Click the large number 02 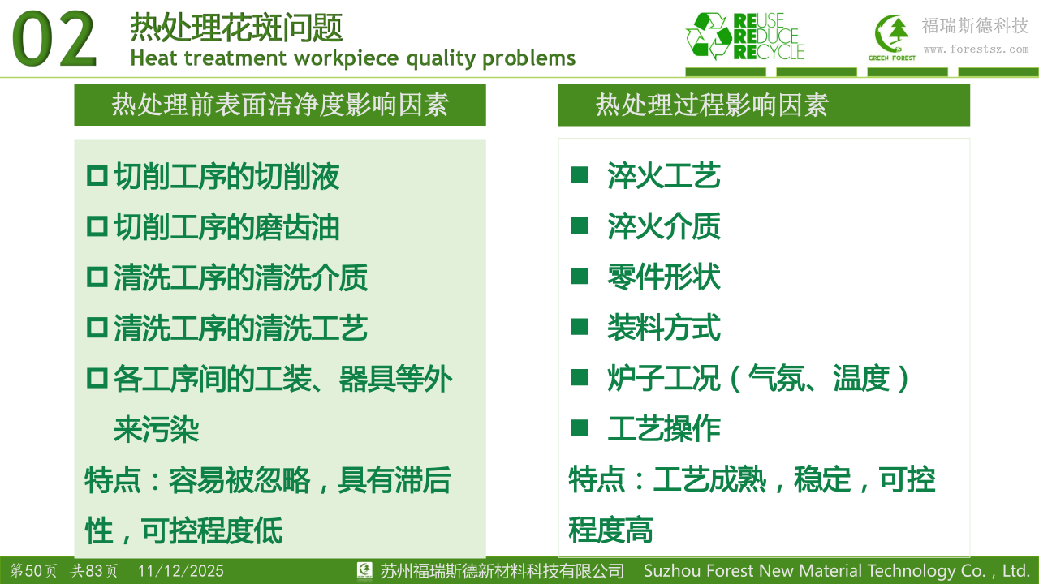click(54, 40)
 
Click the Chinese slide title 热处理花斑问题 click(236, 28)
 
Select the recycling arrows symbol click(709, 36)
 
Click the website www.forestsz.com click(976, 49)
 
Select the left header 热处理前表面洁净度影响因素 click(280, 105)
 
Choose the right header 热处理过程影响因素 click(712, 105)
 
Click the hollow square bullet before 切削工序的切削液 click(97, 176)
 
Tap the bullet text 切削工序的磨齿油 click(226, 227)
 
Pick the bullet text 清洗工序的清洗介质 click(241, 277)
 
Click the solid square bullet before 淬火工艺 click(580, 175)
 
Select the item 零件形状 click(664, 277)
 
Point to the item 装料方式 click(664, 328)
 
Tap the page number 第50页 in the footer click(34, 570)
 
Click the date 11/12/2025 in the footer click(180, 571)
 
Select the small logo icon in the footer click(364, 570)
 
